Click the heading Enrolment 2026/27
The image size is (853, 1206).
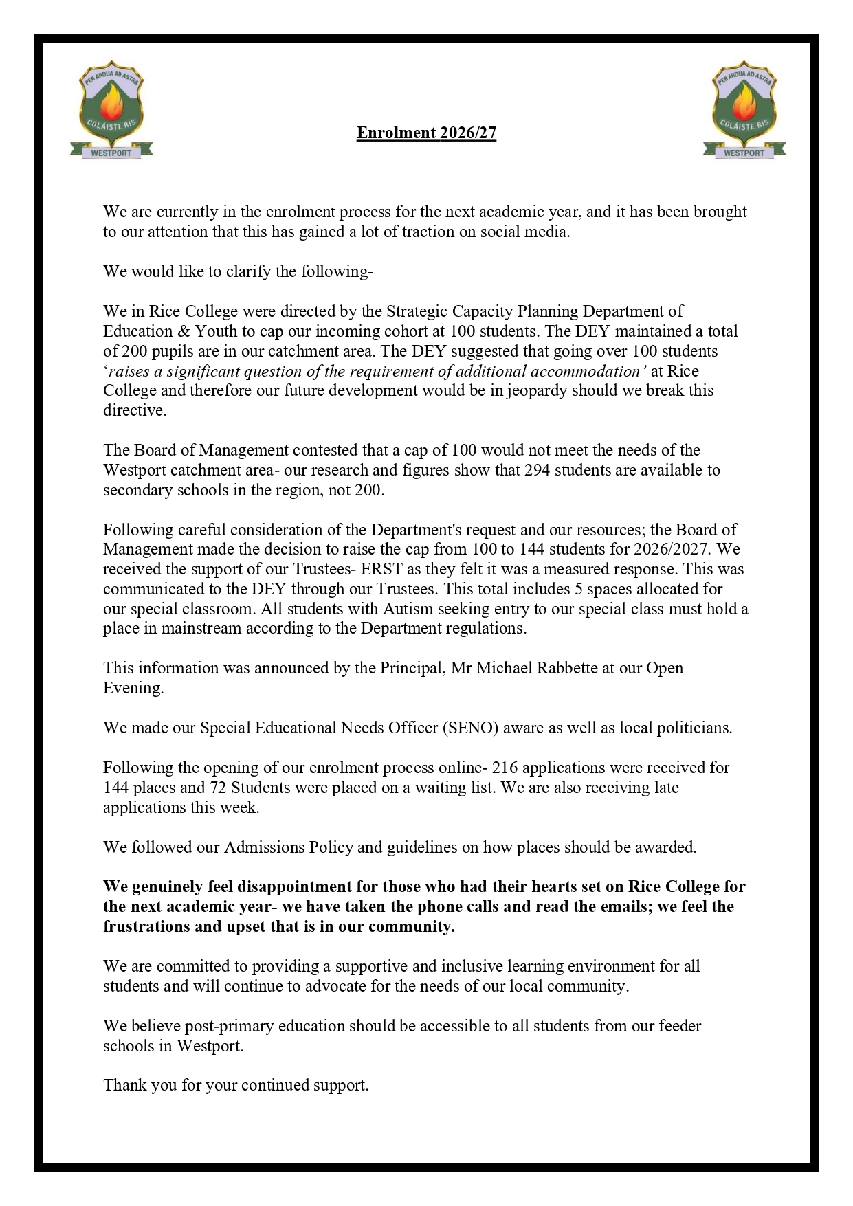pos(426,133)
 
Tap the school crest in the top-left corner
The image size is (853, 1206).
pos(111,110)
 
